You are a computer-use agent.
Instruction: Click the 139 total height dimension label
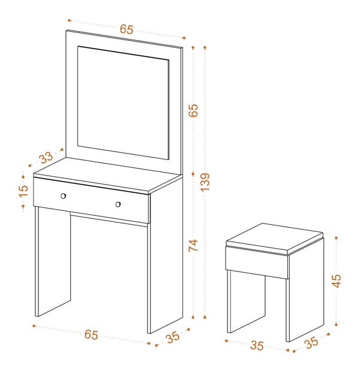coord(205,182)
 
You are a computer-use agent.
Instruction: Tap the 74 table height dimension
coord(193,245)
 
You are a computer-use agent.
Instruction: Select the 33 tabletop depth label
coord(46,158)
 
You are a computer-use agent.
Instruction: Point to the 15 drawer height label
coord(23,191)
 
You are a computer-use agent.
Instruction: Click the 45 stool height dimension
coord(337,281)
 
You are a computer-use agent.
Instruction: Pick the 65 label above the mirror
coord(127,29)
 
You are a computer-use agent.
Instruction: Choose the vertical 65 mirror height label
coord(193,110)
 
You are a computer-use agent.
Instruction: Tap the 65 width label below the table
coord(91,334)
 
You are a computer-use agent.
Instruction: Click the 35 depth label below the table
coord(173,337)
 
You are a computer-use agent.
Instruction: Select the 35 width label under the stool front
coord(257,345)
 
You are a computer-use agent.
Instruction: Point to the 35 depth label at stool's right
coord(311,342)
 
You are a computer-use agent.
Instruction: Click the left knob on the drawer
coord(63,196)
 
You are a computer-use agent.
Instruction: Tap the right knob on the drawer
coord(118,204)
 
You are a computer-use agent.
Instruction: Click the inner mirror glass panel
coord(123,102)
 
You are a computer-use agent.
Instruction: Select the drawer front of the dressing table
coord(91,200)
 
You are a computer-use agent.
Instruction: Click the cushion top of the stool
coord(275,239)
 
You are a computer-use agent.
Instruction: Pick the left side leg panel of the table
coord(53,261)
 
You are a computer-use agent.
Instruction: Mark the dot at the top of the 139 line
coord(205,48)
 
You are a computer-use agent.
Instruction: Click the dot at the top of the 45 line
coord(337,238)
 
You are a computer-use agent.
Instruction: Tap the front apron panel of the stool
coord(257,262)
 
